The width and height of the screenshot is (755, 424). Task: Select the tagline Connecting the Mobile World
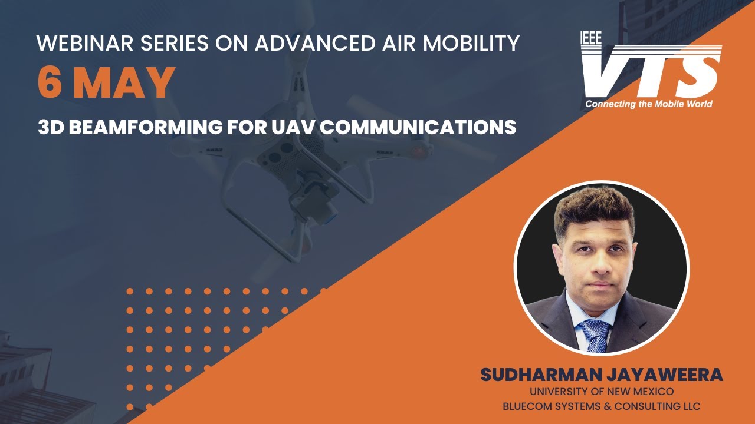(x=649, y=104)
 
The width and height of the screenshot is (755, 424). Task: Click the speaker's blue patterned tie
(x=595, y=334)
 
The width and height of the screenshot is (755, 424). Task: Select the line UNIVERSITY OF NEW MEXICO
(x=602, y=392)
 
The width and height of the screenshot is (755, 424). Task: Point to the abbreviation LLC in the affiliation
(x=690, y=406)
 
